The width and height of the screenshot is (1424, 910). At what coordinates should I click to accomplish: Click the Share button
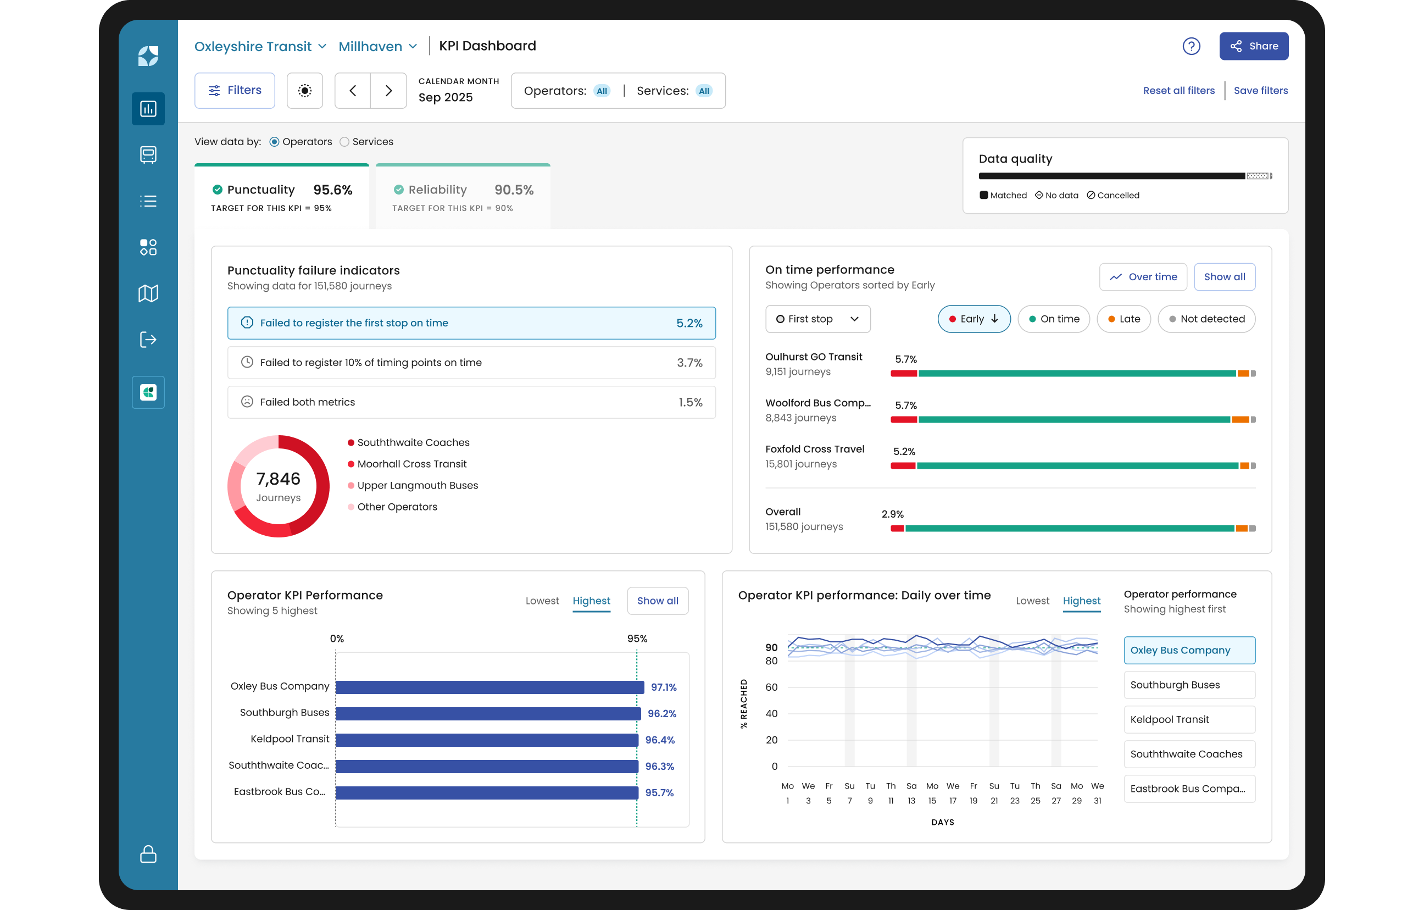click(x=1253, y=46)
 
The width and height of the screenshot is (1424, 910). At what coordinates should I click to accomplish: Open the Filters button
click(x=235, y=91)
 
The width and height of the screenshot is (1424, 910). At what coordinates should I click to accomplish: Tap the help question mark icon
click(x=1191, y=46)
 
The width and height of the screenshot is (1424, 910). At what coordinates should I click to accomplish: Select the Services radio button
click(x=344, y=142)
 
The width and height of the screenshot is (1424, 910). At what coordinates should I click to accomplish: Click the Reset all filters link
click(x=1178, y=91)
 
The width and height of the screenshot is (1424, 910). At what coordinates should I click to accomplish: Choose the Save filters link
click(x=1261, y=91)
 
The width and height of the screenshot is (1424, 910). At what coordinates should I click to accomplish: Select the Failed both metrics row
click(x=471, y=402)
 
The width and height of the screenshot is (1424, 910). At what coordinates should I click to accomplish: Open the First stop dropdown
click(x=818, y=319)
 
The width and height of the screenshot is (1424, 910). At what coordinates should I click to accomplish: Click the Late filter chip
click(x=1123, y=319)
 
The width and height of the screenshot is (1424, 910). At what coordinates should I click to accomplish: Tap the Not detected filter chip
click(x=1206, y=319)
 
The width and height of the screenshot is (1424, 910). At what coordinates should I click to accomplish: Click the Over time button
click(x=1143, y=277)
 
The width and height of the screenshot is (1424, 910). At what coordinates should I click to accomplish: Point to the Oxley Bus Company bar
click(x=489, y=687)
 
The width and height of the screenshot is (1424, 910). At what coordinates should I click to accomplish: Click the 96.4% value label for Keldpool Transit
click(x=660, y=740)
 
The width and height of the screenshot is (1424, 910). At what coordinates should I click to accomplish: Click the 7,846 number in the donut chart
click(x=278, y=479)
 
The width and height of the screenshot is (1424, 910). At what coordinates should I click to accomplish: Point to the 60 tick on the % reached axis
click(x=772, y=687)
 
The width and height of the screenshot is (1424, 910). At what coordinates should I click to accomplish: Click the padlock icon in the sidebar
click(x=148, y=854)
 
